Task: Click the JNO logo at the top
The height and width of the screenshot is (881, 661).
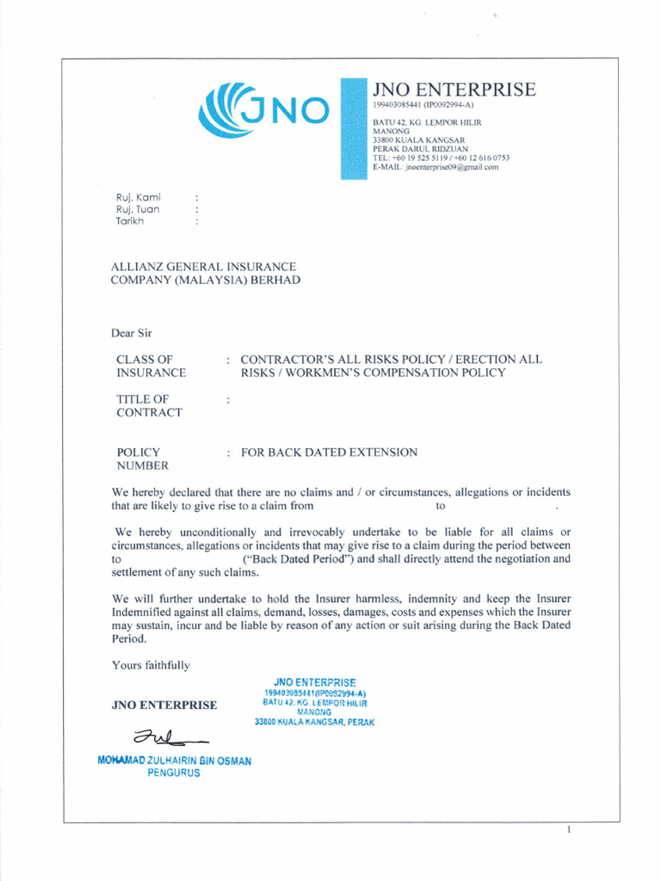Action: tap(263, 109)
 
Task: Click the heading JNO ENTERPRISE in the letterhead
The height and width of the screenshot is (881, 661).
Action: tap(454, 89)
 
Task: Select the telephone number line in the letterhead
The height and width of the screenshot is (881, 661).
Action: tap(441, 158)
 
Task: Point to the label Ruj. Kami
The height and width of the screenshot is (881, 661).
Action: tap(138, 197)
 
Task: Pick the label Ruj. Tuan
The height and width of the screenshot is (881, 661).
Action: tap(138, 209)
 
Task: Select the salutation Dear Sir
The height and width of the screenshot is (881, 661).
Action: tap(132, 333)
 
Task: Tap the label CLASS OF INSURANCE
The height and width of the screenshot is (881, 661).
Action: tap(151, 367)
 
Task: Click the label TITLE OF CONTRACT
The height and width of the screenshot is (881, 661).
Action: tap(149, 405)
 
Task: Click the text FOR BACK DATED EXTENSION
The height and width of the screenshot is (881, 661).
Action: tap(329, 452)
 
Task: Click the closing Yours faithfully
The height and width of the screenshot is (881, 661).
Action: tap(151, 665)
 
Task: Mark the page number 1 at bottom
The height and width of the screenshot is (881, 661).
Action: tap(569, 830)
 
